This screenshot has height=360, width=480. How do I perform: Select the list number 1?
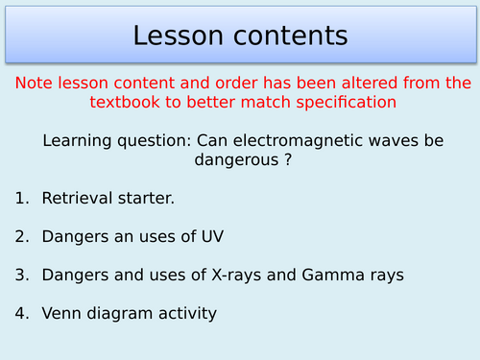click(20, 199)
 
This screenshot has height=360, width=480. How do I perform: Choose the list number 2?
click(20, 237)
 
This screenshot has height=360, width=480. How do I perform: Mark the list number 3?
click(20, 276)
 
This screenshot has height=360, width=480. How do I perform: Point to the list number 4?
click(20, 314)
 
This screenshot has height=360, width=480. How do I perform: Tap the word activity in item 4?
click(186, 314)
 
